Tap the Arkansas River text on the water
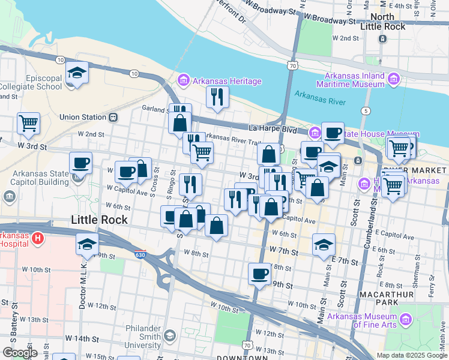click(x=320, y=97)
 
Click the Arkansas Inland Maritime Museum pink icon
click(x=394, y=79)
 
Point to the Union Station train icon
click(x=113, y=117)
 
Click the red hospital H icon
click(x=38, y=239)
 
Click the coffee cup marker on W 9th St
click(x=260, y=274)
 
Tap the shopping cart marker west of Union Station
click(x=29, y=124)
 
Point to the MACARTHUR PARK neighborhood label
click(x=387, y=295)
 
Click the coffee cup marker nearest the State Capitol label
click(x=80, y=163)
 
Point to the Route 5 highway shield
click(x=366, y=111)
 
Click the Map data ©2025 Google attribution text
click(x=411, y=355)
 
